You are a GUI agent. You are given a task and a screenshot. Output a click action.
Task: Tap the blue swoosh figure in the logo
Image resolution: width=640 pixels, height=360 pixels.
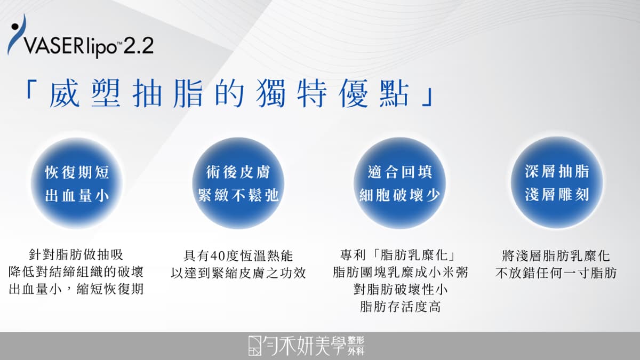coord(17,35)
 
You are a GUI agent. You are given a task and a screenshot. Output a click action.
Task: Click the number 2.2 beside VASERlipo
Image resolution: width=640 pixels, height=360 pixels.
coord(139,45)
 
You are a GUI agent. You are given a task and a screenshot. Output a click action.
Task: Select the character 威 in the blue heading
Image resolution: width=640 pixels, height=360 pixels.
coord(65,94)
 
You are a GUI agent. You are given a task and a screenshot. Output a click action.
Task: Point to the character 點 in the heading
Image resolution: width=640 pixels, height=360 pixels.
coord(394,94)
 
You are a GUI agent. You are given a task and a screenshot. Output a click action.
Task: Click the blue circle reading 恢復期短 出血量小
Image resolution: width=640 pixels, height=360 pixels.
coord(77,183)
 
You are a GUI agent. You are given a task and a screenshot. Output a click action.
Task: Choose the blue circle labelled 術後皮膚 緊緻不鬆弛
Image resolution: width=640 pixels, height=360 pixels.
coord(238,183)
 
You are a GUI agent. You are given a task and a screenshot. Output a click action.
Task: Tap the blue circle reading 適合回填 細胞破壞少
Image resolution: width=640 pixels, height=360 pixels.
coord(399,183)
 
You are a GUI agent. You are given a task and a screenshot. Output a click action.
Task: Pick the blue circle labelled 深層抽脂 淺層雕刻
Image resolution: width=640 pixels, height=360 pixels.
coord(557,182)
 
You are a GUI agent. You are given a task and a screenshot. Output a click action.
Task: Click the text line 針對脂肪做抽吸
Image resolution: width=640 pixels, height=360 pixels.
coord(76,255)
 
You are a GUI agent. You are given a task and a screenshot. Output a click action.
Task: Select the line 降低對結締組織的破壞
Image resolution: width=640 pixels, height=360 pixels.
coord(76,272)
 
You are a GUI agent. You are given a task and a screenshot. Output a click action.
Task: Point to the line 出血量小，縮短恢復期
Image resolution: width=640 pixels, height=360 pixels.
coord(76,289)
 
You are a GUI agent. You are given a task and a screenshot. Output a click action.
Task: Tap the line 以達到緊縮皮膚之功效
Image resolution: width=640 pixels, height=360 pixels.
coord(238,273)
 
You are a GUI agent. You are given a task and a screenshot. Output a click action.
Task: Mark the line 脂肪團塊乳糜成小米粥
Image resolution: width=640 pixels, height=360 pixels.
coord(400,273)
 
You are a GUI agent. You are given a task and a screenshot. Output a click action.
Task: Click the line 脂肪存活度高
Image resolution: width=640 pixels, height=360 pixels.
coord(400,307)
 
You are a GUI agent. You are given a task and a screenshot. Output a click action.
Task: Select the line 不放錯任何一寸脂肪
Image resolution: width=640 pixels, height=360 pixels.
coord(556,273)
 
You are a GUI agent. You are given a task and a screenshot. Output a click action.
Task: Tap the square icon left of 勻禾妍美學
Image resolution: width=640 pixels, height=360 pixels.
coord(255,346)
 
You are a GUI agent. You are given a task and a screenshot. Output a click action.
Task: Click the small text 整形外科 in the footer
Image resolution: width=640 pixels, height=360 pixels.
coord(356,346)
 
